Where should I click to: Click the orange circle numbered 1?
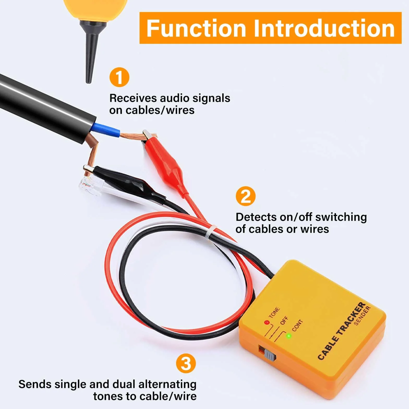(119, 77)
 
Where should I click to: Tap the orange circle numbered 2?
(246, 196)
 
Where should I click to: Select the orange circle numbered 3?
(186, 363)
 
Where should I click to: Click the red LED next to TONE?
(266, 322)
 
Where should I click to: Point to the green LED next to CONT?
(289, 336)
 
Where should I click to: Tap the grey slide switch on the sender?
(270, 355)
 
